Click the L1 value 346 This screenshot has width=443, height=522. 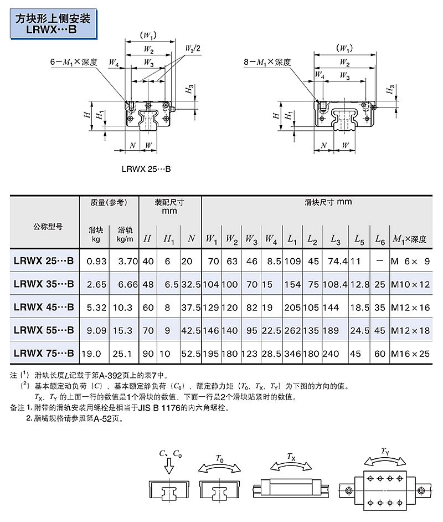(x=292, y=353)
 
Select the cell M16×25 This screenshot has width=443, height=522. (x=410, y=353)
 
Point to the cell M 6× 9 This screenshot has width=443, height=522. (x=410, y=261)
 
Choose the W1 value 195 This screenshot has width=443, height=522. (x=212, y=353)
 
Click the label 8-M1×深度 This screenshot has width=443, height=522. (x=267, y=62)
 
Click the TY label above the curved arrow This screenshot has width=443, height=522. (x=385, y=451)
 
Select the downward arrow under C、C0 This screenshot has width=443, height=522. (x=169, y=469)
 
